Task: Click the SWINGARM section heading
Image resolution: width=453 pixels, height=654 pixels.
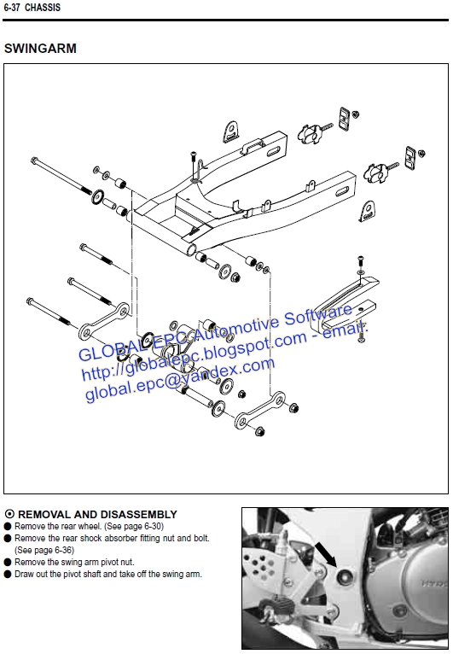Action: pos(40,49)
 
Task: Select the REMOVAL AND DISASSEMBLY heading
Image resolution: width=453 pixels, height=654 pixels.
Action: pos(97,514)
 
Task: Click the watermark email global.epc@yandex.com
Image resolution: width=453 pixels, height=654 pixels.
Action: pos(180,380)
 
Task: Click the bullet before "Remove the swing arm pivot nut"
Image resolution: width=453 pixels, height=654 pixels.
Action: pos(8,563)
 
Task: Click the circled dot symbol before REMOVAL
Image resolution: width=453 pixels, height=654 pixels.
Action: pos(9,514)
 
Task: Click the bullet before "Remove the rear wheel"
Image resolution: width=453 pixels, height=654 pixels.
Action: pos(8,527)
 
